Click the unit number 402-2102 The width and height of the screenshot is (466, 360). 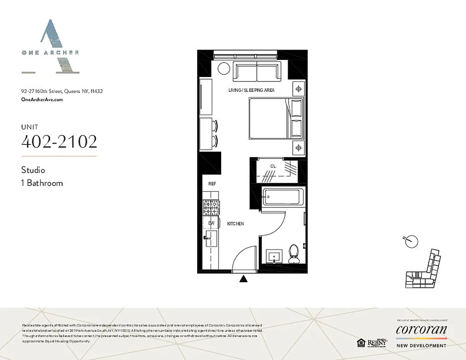59,141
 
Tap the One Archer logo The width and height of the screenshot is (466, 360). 50,47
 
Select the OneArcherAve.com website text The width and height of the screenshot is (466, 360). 42,100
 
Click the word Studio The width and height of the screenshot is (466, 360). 33,170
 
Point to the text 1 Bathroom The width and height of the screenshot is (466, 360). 42,183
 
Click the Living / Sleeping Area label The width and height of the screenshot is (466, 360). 251,90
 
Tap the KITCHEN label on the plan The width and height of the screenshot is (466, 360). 235,224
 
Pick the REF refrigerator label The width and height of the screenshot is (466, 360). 213,184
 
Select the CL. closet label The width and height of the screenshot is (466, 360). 273,166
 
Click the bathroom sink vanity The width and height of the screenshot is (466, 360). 273,257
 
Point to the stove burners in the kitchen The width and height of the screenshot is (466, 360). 211,207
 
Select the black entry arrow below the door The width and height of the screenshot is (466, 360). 244,279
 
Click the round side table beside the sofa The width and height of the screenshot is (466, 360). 224,69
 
